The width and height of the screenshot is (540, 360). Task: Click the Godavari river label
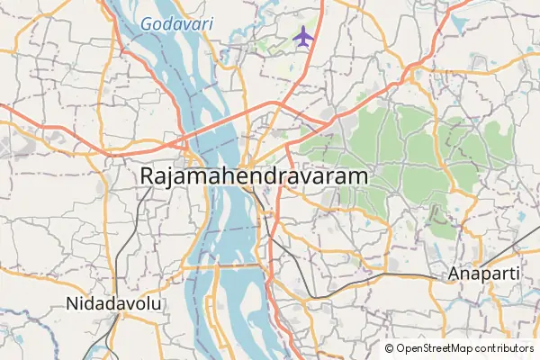point(176,23)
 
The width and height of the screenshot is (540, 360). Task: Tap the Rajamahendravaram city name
point(255,176)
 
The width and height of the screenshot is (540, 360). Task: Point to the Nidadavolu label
point(113,304)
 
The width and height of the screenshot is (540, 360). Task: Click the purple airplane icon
point(303,38)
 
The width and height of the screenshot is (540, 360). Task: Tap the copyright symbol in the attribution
point(389,348)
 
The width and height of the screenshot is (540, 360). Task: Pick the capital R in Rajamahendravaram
point(148,176)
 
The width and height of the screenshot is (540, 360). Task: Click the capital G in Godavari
point(148,23)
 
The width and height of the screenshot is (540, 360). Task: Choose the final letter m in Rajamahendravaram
point(359,176)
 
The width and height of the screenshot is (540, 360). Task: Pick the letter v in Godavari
point(190,23)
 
